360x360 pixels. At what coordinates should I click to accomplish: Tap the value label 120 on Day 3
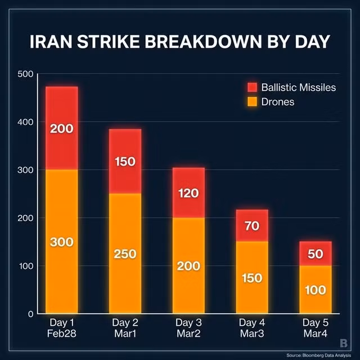click(188, 193)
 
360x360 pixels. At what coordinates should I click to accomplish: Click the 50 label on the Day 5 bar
click(316, 254)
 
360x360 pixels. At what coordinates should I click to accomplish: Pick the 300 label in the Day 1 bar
click(61, 242)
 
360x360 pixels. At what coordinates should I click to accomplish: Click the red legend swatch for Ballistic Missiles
click(251, 88)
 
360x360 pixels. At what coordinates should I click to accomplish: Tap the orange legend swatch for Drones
click(251, 102)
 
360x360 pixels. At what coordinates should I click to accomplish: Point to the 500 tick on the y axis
click(26, 74)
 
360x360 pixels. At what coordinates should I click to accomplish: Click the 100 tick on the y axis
click(26, 265)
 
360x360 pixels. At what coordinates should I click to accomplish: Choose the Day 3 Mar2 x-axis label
click(188, 328)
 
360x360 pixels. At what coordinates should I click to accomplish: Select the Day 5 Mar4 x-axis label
click(316, 328)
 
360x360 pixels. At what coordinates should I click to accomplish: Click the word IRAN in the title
click(54, 43)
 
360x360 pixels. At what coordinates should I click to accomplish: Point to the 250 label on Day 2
click(125, 254)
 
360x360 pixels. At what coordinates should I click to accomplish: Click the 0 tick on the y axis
click(29, 313)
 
